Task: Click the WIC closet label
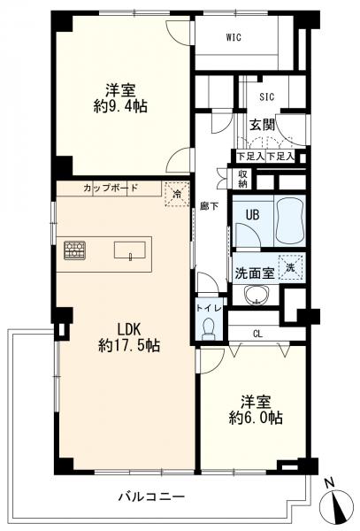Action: pyautogui.click(x=234, y=37)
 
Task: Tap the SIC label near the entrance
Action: pyautogui.click(x=267, y=96)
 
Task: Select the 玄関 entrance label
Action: pyautogui.click(x=262, y=125)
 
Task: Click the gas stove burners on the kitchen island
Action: pyautogui.click(x=74, y=250)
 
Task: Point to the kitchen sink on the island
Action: pyautogui.click(x=130, y=250)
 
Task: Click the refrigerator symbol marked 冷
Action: pyautogui.click(x=177, y=194)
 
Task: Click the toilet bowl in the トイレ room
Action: pyautogui.click(x=207, y=329)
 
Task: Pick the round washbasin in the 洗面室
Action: pyautogui.click(x=257, y=295)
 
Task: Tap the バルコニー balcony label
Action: pyautogui.click(x=151, y=496)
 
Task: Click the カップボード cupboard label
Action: pyautogui.click(x=111, y=188)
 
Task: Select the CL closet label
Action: pyautogui.click(x=257, y=335)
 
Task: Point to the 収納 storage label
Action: pyautogui.click(x=243, y=179)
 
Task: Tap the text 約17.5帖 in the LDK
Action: pyautogui.click(x=129, y=345)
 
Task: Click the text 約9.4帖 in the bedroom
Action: pyautogui.click(x=120, y=106)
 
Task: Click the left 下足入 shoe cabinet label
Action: pyautogui.click(x=250, y=157)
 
